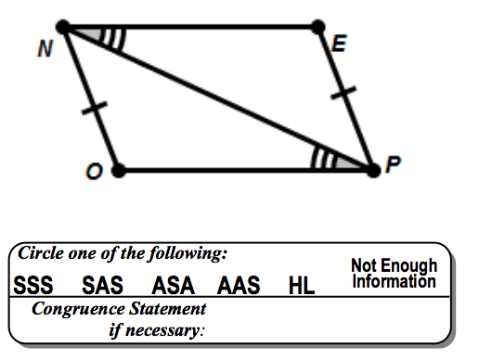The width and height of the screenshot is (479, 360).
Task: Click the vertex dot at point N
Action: coord(63,27)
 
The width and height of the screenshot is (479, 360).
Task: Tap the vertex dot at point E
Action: coord(317,27)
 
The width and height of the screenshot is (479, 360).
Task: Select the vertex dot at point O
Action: coord(118,171)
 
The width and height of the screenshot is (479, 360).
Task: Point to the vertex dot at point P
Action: coord(373,171)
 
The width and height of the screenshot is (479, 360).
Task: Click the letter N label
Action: coord(45,49)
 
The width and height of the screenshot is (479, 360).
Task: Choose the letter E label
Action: coord(339,44)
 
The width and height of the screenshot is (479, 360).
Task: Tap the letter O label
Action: coord(94,172)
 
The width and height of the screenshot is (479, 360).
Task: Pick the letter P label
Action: coord(393,164)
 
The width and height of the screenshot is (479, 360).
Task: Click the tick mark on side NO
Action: coord(95,108)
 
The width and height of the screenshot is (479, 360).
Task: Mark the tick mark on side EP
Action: coord(343,93)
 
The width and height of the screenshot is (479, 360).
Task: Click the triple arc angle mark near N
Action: coord(114,39)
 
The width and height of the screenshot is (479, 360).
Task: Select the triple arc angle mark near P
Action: coord(322,158)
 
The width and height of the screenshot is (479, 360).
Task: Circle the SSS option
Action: coord(33,285)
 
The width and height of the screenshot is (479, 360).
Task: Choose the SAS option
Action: coord(102,285)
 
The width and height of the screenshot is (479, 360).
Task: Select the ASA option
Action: coord(174,285)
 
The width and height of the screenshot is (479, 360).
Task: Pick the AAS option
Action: coord(239,285)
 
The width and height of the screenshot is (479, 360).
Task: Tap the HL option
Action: coord(302,285)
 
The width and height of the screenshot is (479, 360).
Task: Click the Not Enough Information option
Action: coord(395,273)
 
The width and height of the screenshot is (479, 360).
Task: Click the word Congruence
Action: coord(78,309)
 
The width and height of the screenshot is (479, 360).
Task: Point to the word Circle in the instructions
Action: coord(41,252)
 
